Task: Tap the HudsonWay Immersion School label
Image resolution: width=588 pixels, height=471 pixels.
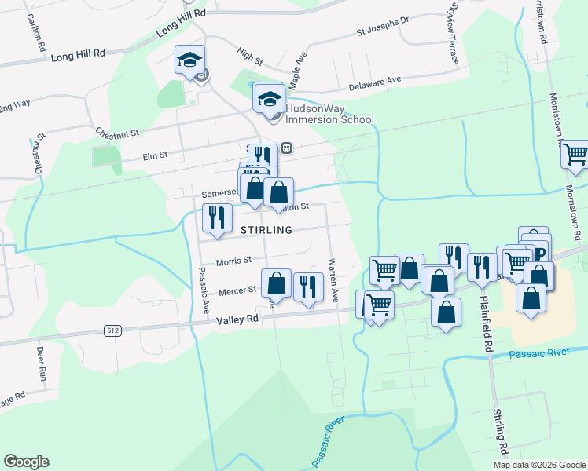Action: point(329,114)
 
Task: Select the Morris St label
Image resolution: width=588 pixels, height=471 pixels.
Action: point(234,260)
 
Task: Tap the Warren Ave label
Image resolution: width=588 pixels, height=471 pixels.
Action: point(333,279)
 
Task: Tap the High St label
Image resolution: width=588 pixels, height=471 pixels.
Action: point(249,53)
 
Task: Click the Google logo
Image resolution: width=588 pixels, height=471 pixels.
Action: point(26,462)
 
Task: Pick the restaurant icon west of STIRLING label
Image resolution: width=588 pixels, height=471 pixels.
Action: point(215,217)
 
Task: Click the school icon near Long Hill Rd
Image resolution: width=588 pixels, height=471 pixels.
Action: point(189,60)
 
